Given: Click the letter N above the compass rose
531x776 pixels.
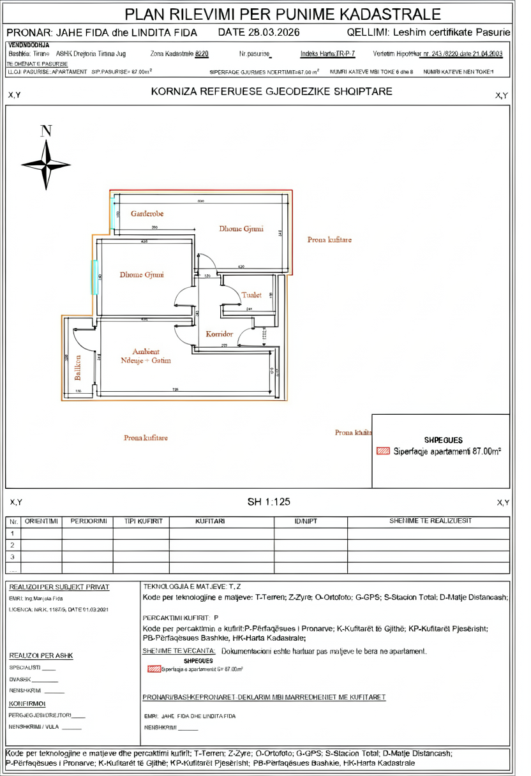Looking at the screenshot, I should point(46,131).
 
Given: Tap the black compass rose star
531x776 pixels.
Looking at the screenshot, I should point(46,165).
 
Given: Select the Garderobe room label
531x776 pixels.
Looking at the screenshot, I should point(147,214).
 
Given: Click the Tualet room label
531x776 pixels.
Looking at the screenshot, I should point(251,295).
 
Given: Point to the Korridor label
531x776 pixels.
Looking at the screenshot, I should point(219,334).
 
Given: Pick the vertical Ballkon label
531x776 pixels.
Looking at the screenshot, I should point(79,368).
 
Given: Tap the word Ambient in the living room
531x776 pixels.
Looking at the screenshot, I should point(146,352).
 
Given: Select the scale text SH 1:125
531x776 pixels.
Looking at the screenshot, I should point(269,502).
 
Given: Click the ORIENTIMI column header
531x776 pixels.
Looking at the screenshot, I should point(41,521).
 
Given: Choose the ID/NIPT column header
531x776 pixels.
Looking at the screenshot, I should point(306,521).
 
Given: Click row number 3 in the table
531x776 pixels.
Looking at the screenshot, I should point(12,557).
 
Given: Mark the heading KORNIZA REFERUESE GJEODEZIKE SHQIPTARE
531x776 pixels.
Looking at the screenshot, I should point(272,92).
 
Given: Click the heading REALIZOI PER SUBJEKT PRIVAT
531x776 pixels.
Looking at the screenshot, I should point(59,587).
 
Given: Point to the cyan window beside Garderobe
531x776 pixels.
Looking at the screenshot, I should point(113,213).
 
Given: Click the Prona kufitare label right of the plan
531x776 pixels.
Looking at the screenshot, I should point(329,240).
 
